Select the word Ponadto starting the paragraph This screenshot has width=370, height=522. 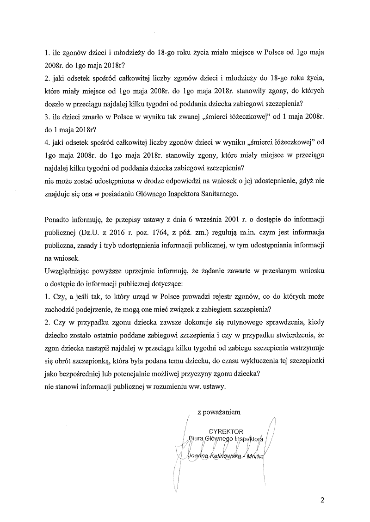coord(57,219)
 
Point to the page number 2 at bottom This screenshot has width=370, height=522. coord(322,500)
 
